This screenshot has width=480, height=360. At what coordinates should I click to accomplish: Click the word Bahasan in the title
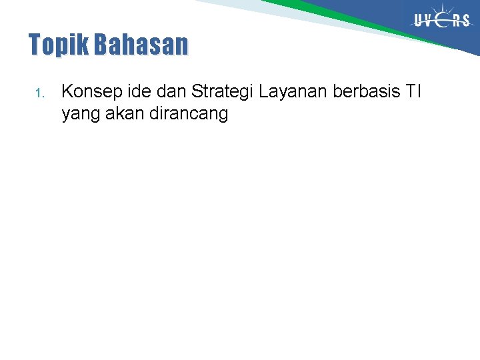[141, 45]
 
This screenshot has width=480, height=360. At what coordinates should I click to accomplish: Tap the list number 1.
[39, 93]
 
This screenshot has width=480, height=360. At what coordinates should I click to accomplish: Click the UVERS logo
[442, 20]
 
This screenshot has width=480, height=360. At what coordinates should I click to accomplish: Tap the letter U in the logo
[419, 21]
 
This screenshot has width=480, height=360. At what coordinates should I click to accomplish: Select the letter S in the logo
[465, 21]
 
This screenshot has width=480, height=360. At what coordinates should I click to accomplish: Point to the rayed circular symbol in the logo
[443, 19]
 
